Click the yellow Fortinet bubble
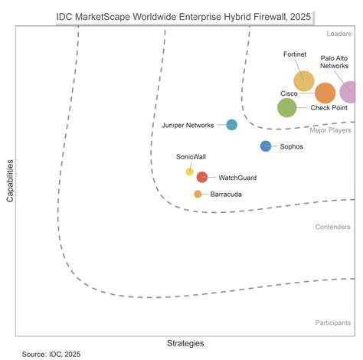(x=303, y=80)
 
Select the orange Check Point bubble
(x=325, y=93)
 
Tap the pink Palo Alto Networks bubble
(x=349, y=92)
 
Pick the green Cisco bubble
(x=286, y=108)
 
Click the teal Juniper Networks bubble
(x=231, y=125)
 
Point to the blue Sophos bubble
(x=265, y=146)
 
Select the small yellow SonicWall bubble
(x=189, y=172)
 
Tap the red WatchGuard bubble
(x=201, y=177)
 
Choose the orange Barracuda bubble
(x=198, y=194)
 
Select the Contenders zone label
(x=332, y=227)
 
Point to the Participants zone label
(x=333, y=323)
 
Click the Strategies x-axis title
(x=185, y=342)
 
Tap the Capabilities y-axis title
(x=10, y=181)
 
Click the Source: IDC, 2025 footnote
(x=51, y=355)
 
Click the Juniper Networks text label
(x=188, y=125)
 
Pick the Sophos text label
(x=292, y=146)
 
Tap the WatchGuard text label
(x=237, y=178)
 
